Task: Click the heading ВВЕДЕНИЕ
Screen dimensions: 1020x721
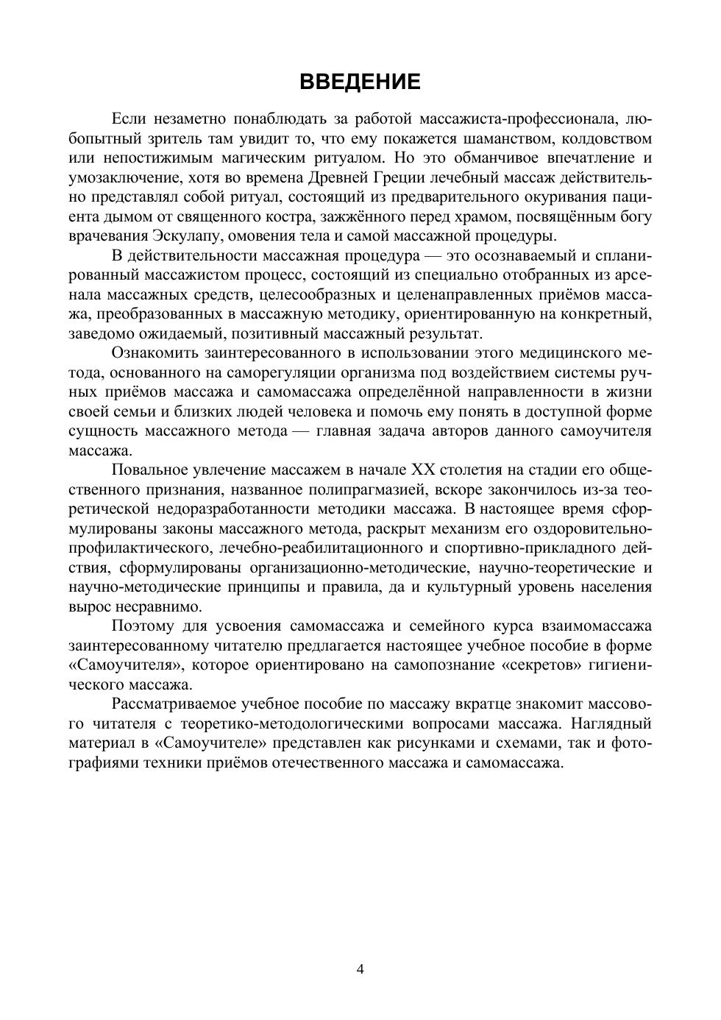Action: pos(360,82)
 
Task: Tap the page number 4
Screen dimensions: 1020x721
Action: pos(360,969)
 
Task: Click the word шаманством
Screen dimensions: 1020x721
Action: pos(529,138)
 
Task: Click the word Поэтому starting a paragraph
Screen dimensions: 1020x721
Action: pos(143,626)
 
